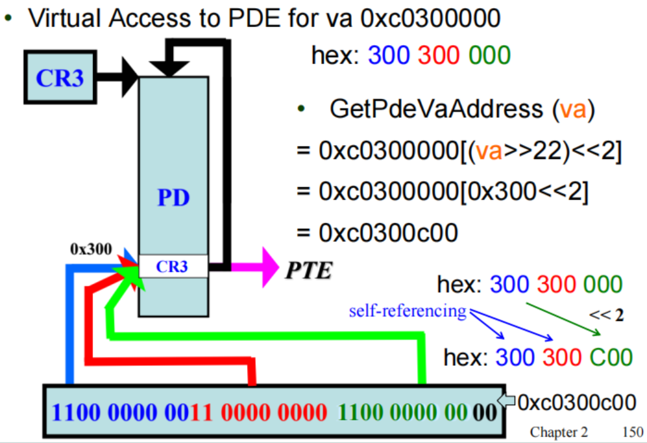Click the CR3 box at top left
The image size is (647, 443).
59,78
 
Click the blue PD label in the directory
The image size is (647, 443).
173,199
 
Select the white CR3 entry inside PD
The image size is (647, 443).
173,267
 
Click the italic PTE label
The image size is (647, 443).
308,270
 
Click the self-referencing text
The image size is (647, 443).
407,310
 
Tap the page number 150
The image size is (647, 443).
630,432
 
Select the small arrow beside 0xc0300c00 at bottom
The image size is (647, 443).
507,402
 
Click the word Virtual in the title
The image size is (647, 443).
65,19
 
